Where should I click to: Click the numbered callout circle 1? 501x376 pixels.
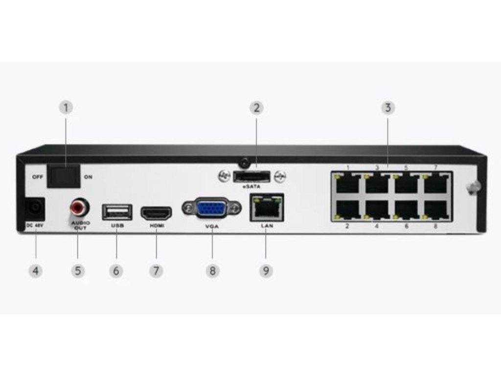[67, 107]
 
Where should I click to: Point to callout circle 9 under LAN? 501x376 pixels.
[266, 270]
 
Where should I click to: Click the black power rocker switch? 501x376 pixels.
[64, 176]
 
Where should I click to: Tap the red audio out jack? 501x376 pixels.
[79, 209]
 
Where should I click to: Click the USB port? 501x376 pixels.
[117, 212]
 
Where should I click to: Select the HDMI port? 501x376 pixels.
[156, 213]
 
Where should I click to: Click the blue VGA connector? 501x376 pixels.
[212, 209]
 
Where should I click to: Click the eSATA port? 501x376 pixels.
[251, 176]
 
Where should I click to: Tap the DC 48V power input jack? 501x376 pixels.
[35, 209]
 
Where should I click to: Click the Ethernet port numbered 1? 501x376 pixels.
[347, 183]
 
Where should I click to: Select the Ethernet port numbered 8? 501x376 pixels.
[436, 210]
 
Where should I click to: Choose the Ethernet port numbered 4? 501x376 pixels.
[377, 210]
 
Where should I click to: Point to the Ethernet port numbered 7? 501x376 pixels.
[436, 183]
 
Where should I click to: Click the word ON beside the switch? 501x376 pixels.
[88, 177]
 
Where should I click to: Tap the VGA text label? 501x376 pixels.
[212, 226]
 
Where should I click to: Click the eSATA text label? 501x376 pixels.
[251, 187]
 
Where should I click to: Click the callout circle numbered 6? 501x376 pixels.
[116, 270]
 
